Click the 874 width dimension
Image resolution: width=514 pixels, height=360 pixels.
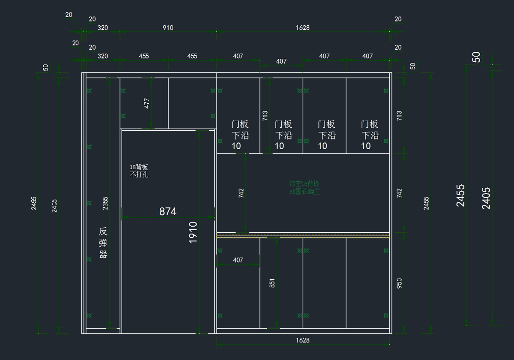point(167,211)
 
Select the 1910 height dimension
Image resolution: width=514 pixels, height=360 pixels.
point(193,233)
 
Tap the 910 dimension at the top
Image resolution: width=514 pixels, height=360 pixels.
point(168,28)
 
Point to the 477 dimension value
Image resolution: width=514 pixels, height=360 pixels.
point(147,103)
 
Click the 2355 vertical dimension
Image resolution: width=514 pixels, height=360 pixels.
point(105,204)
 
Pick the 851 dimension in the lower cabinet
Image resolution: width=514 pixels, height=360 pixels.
point(272,283)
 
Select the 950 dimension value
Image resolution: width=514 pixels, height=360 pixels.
point(399,283)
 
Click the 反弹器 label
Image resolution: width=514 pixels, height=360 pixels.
point(103,243)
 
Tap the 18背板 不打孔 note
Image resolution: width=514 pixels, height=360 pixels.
point(139,171)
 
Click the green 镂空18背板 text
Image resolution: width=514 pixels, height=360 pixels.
point(305,188)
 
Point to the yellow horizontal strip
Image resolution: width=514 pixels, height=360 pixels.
point(303,236)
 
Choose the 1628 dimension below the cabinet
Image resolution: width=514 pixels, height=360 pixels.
point(302,340)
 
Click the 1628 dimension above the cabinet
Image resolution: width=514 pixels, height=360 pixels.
point(302,28)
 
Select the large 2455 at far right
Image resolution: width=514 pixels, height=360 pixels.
point(460,195)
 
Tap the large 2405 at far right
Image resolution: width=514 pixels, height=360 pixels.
point(486,198)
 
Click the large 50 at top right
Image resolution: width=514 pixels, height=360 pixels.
point(476,57)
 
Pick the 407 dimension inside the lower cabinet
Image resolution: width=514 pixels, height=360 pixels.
point(238,260)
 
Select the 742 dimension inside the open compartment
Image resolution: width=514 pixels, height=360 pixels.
point(241,193)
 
